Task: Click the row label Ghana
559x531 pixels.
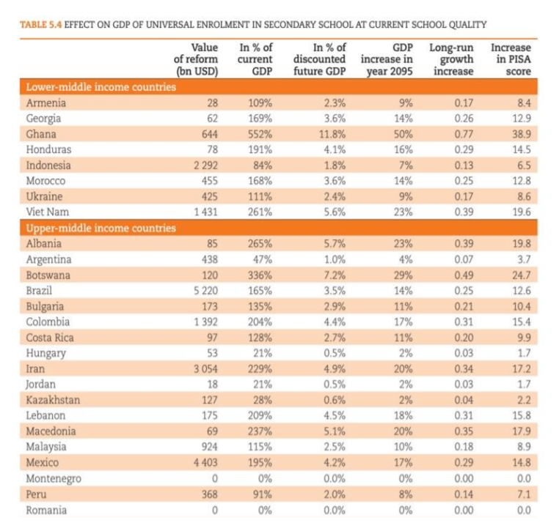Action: click(41, 134)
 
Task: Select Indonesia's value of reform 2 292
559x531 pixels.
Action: click(205, 166)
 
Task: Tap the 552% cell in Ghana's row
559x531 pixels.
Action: click(260, 134)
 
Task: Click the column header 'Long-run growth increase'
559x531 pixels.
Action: click(451, 59)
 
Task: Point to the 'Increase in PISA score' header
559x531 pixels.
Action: click(511, 59)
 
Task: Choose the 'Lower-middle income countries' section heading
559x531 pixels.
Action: click(101, 87)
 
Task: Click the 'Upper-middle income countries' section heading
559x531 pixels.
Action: click(101, 228)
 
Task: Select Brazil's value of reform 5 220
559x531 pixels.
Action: click(205, 291)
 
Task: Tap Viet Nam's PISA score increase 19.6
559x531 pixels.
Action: click(522, 212)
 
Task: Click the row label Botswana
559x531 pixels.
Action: click(48, 275)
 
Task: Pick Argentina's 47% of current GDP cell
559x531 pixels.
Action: click(263, 259)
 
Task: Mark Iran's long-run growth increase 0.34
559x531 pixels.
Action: click(464, 368)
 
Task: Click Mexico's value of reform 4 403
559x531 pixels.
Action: click(205, 463)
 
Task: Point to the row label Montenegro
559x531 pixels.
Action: click(54, 479)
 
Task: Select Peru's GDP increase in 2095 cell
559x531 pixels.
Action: click(406, 494)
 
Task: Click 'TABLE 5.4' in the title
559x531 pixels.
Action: click(41, 25)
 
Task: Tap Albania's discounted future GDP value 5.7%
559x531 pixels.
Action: click(335, 244)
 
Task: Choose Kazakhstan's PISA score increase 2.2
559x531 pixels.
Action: click(524, 400)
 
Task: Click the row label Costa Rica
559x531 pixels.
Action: click(50, 338)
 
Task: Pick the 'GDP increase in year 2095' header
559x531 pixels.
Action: click(387, 59)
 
